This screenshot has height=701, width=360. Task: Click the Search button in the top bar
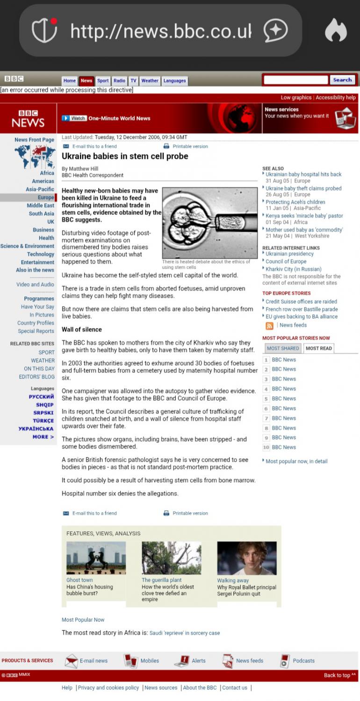342,80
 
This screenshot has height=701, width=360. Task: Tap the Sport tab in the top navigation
103,81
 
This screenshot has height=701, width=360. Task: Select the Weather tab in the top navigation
150,81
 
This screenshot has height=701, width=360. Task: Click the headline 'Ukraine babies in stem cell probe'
125,156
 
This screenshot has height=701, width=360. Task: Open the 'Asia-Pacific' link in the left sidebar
40,189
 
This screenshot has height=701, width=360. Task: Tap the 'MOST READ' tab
319,348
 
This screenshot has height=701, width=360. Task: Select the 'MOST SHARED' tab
283,348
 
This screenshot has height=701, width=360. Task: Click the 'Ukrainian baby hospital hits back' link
303,174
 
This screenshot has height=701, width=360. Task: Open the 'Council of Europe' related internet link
286,262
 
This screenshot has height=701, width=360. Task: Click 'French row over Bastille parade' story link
302,309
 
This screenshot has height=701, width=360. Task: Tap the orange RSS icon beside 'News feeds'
269,326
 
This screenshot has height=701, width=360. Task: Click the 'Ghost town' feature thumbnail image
96,558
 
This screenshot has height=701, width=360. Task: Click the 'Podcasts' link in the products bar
303,661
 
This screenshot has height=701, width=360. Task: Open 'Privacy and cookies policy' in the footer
108,688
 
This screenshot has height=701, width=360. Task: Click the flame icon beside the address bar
336,31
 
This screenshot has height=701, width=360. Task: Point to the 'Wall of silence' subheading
82,329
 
